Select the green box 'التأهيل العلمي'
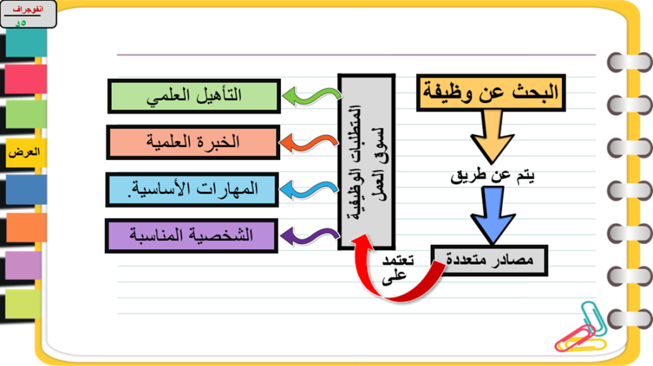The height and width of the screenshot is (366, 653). point(194,96)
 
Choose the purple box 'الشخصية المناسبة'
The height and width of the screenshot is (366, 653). point(191,235)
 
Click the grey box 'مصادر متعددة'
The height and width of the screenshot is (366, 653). point(490,260)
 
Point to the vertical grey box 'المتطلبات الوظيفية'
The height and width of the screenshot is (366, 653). point(366,162)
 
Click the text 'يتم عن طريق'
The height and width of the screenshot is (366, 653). point(493,175)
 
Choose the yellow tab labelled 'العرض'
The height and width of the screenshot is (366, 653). point(24,153)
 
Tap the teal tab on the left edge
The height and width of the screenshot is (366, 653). point(25,43)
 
